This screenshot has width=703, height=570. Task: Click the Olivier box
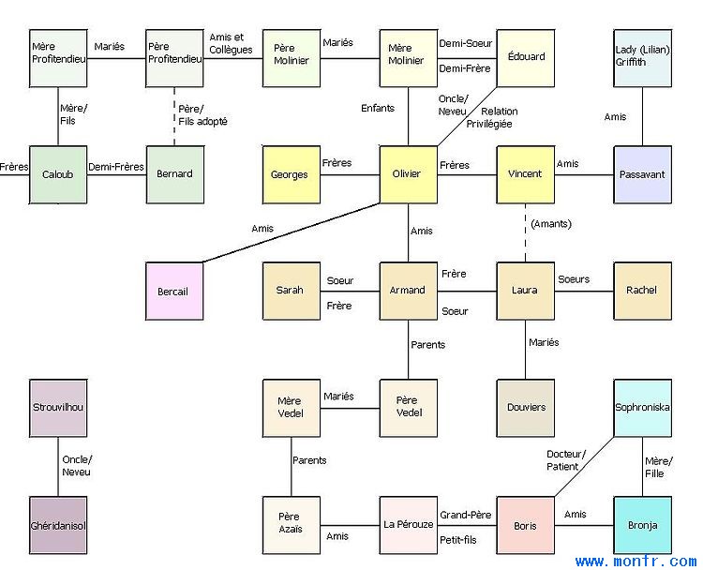(x=409, y=174)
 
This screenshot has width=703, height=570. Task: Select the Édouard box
(x=526, y=58)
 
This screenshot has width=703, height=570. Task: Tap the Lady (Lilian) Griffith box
(x=642, y=58)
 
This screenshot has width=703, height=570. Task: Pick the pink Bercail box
(x=174, y=291)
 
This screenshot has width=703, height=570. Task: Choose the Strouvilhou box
(x=58, y=408)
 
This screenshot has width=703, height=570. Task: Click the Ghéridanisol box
(x=58, y=525)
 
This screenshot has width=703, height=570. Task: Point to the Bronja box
(x=642, y=525)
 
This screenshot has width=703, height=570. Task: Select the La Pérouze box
(x=409, y=525)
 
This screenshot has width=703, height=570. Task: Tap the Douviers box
(x=526, y=408)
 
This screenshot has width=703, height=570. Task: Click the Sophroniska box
(x=642, y=408)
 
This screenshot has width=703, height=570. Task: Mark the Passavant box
(x=642, y=174)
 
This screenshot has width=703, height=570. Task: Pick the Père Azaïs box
(x=292, y=525)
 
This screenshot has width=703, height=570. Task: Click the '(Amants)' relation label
(x=551, y=224)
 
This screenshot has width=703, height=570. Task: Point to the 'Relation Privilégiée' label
(x=492, y=117)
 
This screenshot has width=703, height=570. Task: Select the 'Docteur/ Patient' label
(x=566, y=460)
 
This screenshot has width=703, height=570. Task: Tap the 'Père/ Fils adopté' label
(x=202, y=115)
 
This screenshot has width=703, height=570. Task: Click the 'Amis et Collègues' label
(x=231, y=43)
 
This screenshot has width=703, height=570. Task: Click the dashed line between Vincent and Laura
(x=526, y=233)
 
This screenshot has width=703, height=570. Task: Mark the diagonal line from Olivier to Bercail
(x=292, y=232)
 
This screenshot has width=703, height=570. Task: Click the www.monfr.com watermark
(x=636, y=561)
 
